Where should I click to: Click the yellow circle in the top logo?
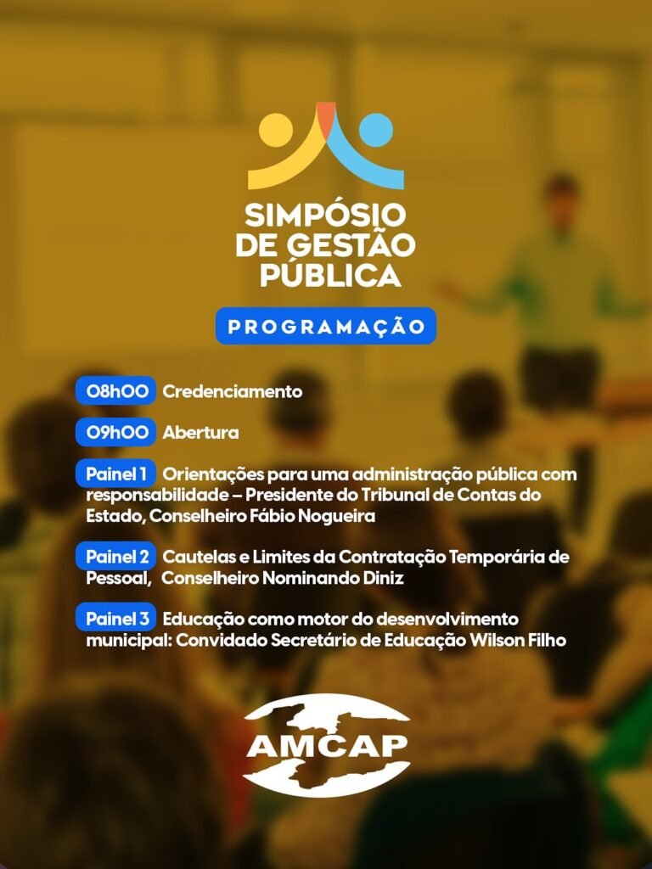point(276,129)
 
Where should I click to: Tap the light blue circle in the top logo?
point(376,130)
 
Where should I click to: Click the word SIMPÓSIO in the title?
point(325,214)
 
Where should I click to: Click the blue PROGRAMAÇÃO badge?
point(326,326)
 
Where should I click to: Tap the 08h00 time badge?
point(115,390)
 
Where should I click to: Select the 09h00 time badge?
point(115,432)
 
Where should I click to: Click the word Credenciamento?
point(233,391)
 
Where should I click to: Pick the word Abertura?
point(200,432)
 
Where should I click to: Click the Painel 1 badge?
point(115,474)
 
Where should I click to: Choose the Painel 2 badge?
point(115,556)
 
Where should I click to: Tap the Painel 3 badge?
point(115,618)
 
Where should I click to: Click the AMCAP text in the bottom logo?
point(327,745)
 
